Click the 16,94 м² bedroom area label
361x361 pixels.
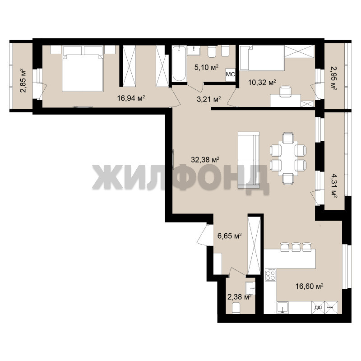(131, 98)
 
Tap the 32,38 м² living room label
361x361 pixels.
(205, 159)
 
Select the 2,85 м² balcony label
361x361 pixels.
(23, 80)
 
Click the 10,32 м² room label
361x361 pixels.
(262, 82)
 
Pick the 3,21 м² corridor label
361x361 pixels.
(209, 99)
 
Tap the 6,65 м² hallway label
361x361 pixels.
(230, 236)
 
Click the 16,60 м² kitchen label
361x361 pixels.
(310, 286)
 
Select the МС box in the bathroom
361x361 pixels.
(230, 74)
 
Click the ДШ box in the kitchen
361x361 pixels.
(318, 307)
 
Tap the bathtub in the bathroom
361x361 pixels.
(179, 63)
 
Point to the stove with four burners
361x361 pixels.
(270, 275)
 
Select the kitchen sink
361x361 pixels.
(282, 308)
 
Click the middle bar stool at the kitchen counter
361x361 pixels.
(296, 247)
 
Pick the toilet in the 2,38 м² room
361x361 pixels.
(236, 308)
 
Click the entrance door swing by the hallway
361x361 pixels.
(203, 235)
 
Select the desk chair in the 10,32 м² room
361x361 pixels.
(285, 92)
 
